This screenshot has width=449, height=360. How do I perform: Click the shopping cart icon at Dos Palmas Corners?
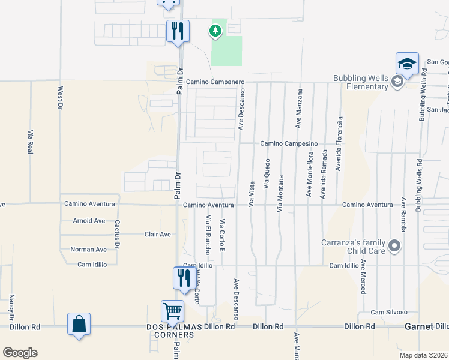tap(172, 311)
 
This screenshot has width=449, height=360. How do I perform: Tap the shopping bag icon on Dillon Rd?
tap(79, 324)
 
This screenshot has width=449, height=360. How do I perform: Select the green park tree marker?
tap(214, 31)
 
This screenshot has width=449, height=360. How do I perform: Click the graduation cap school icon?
tap(407, 64)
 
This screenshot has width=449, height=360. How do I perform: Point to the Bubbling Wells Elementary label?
tap(359, 83)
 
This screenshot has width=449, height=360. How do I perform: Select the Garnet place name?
tap(418, 326)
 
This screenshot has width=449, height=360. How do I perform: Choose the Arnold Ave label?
tap(88, 220)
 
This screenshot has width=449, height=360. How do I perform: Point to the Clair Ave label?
tap(158, 234)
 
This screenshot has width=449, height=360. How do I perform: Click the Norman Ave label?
tap(88, 249)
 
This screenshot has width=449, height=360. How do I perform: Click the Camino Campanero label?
tap(215, 82)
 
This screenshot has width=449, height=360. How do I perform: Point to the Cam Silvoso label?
tap(389, 312)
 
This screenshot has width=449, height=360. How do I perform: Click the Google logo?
tap(20, 353)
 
